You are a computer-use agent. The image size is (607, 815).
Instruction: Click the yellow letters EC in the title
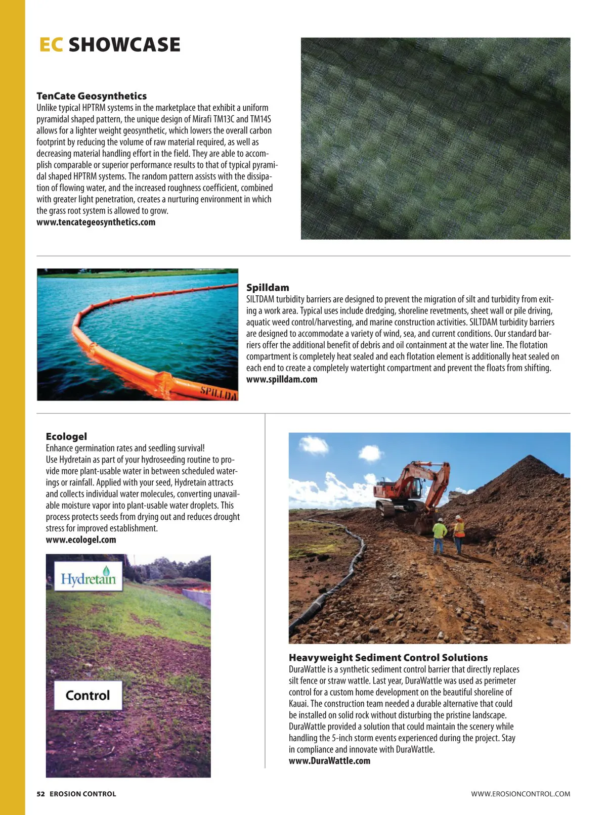(x=51, y=45)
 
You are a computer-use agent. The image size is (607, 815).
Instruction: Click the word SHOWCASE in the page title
(x=124, y=45)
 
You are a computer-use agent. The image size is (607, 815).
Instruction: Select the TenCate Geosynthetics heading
(x=92, y=96)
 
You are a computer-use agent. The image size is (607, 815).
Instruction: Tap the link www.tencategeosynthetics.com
(x=96, y=222)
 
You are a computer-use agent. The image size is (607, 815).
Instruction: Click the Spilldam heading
(x=268, y=288)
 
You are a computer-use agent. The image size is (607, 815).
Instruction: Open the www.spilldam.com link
(x=282, y=380)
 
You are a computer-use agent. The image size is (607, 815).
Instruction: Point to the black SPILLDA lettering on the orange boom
(x=218, y=393)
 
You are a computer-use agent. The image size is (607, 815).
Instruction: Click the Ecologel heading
(x=66, y=436)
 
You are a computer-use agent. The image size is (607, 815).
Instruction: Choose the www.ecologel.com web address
(x=81, y=540)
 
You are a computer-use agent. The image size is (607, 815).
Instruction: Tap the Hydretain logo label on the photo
(x=89, y=577)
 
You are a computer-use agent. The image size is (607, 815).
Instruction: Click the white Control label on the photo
(x=88, y=696)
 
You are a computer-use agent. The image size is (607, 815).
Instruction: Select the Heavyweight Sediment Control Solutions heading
(x=388, y=658)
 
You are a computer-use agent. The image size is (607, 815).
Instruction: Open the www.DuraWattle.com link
(x=329, y=761)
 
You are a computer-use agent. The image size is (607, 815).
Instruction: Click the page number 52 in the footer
(x=40, y=794)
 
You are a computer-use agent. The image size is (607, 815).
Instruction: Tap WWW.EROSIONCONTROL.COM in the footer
(x=521, y=794)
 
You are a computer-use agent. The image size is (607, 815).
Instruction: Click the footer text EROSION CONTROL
(x=83, y=794)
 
